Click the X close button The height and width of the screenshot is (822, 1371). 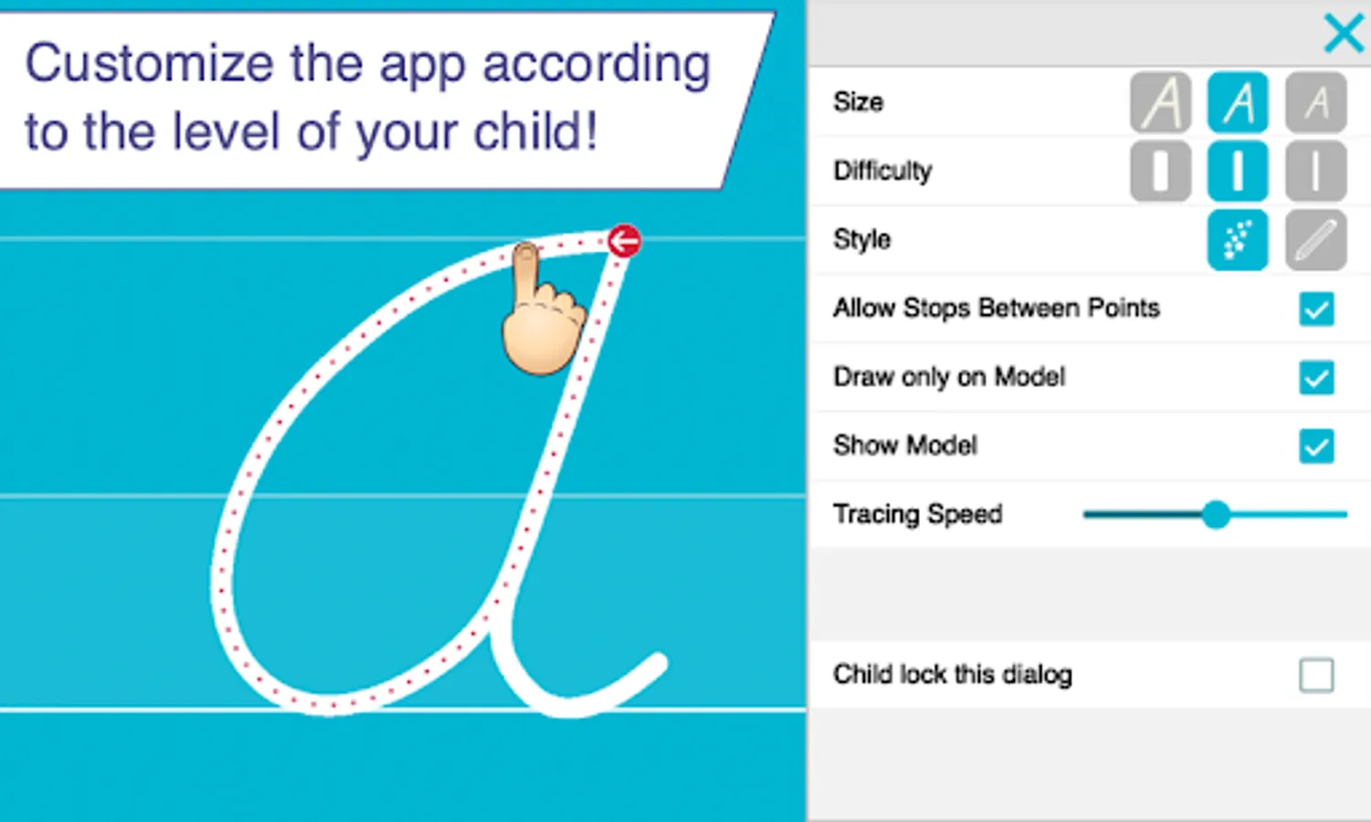tap(1344, 33)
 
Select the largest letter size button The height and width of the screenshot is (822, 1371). tap(1160, 102)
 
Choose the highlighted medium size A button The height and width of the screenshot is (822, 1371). tap(1238, 102)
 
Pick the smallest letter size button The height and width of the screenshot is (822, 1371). tap(1316, 102)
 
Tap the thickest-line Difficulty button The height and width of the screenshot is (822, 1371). tap(1160, 171)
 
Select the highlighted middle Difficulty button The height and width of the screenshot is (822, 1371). tap(1238, 171)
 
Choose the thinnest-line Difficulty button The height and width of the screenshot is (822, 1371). tap(1316, 171)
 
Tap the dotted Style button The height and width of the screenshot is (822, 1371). tap(1238, 240)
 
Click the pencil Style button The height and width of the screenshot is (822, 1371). tap(1316, 240)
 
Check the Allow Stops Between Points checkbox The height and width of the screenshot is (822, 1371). tap(1316, 309)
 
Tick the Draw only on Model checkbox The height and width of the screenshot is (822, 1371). tap(1316, 377)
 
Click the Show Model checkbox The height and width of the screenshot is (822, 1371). tap(1316, 447)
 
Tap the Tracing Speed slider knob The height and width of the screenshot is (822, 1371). tap(1216, 515)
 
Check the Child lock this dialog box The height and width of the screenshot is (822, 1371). tap(1316, 675)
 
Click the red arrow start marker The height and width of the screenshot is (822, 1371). tap(624, 242)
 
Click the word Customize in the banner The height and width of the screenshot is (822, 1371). tap(150, 64)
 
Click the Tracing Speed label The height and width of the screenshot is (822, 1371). tap(917, 514)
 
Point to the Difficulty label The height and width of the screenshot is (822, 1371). tap(882, 171)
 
